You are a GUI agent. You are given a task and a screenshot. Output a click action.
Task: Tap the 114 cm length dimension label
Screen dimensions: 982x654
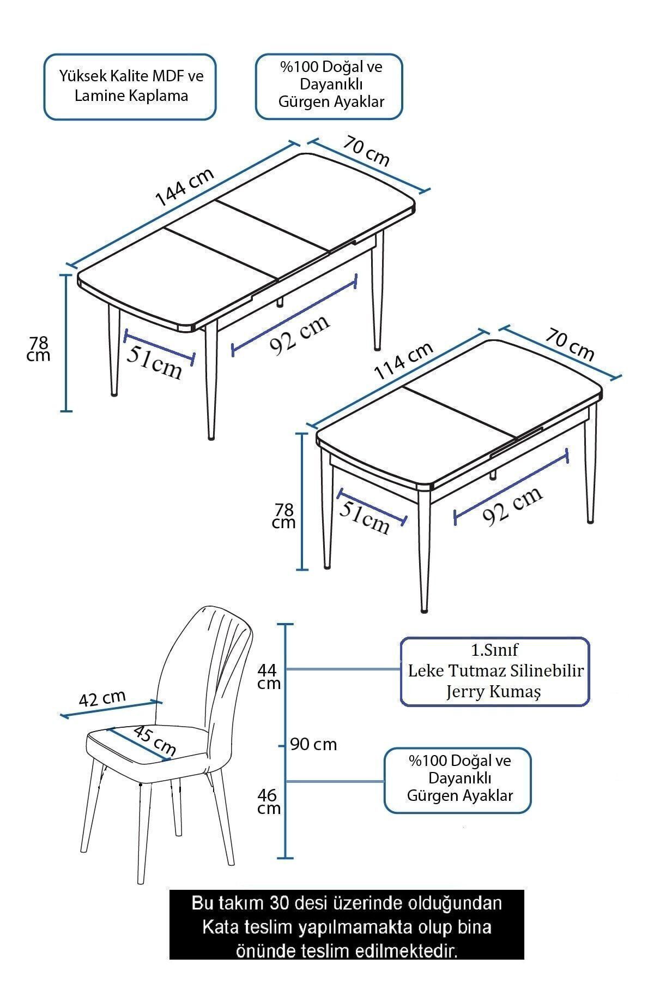click(x=404, y=361)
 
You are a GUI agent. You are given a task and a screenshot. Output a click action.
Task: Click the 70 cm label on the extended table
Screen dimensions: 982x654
click(x=366, y=150)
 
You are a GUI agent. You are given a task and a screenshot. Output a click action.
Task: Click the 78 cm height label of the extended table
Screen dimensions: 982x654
click(x=39, y=349)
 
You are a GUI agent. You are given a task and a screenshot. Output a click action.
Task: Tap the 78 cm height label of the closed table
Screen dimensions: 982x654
click(x=284, y=516)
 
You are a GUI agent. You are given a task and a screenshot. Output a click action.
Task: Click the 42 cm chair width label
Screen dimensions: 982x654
click(x=102, y=698)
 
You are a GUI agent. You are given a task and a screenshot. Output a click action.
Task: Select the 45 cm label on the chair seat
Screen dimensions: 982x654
click(x=155, y=741)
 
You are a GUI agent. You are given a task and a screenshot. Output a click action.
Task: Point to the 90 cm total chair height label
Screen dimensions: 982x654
click(x=313, y=744)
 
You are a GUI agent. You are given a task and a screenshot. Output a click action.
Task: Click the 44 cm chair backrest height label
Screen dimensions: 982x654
click(x=268, y=676)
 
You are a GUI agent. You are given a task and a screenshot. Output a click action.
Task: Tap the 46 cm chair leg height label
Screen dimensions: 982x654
click(x=269, y=801)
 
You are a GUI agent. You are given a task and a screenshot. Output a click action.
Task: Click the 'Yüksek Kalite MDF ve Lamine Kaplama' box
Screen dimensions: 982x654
click(x=130, y=86)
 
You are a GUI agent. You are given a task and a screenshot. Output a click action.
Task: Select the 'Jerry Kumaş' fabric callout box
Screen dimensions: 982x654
click(x=495, y=672)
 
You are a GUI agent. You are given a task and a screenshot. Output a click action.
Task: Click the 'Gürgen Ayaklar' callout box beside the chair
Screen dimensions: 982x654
click(x=458, y=780)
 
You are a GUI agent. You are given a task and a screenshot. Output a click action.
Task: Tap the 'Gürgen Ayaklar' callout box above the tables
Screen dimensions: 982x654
click(x=329, y=86)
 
